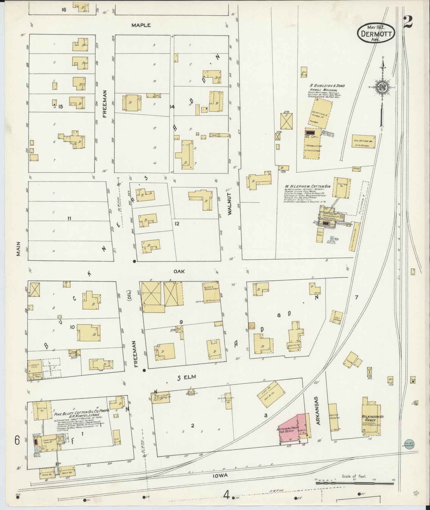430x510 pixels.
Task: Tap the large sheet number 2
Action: (408, 22)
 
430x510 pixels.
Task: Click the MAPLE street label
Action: (141, 25)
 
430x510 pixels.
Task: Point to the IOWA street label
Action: (221, 475)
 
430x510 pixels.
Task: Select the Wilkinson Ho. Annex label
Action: (373, 419)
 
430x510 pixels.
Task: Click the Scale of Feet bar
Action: (354, 484)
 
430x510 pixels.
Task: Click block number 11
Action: (69, 219)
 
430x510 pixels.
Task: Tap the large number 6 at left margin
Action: (17, 440)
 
